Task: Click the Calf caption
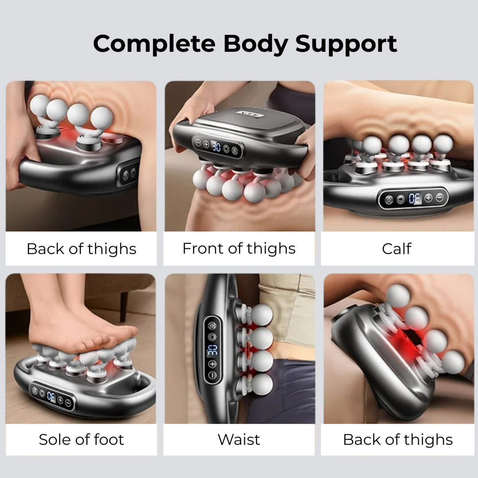click(397, 249)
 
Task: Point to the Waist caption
click(239, 439)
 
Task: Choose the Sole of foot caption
click(81, 439)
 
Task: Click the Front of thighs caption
click(239, 249)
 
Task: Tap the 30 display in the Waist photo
click(212, 350)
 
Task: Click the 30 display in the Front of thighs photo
click(216, 147)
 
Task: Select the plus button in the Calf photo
click(428, 198)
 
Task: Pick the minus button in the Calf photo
click(439, 197)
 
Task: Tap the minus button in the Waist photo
click(212, 375)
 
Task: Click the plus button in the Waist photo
click(212, 364)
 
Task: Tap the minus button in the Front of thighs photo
click(198, 142)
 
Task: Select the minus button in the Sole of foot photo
click(68, 403)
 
